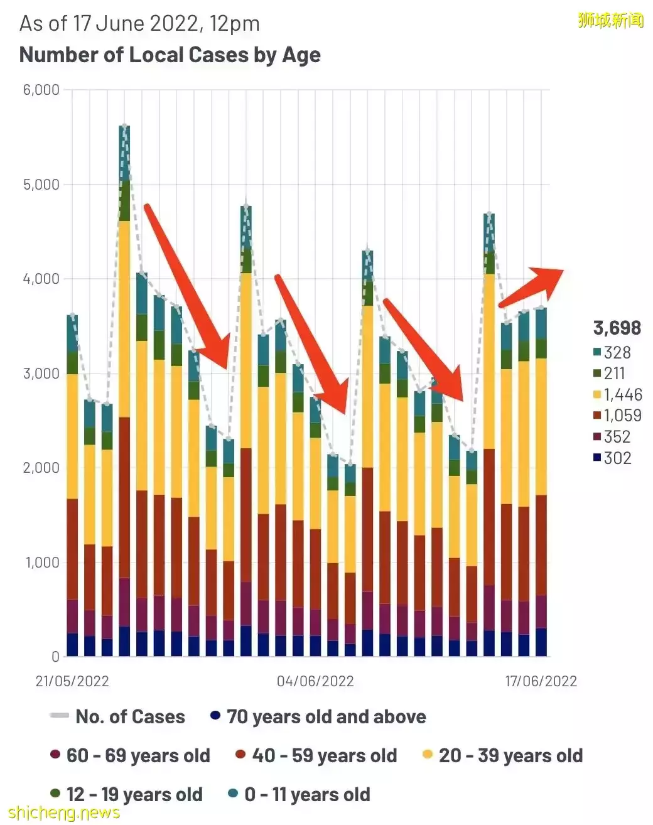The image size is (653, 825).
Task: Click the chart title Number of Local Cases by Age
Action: (170, 55)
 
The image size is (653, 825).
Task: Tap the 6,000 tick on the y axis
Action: (41, 90)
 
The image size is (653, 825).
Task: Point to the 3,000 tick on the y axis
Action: (41, 374)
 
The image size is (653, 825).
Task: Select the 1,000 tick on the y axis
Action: (41, 563)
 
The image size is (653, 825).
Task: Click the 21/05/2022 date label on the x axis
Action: (72, 681)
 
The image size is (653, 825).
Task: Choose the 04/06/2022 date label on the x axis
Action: (315, 681)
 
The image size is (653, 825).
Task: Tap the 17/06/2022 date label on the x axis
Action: (541, 681)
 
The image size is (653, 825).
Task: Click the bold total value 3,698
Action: (617, 328)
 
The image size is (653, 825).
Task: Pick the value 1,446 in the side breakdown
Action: (623, 395)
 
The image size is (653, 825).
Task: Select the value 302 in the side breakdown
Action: (617, 458)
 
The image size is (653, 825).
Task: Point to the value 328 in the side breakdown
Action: (617, 353)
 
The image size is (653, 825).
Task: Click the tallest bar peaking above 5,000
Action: (124, 389)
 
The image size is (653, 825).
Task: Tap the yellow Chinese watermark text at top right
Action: (610, 21)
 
